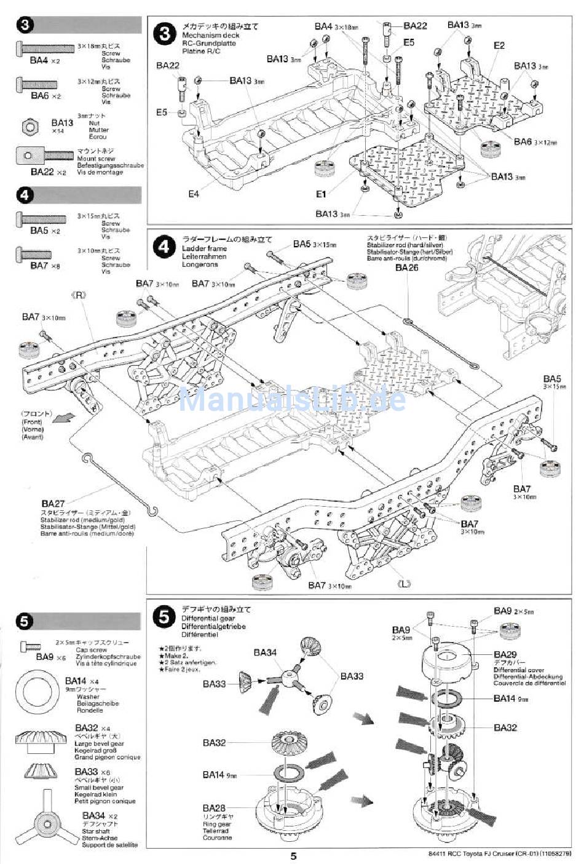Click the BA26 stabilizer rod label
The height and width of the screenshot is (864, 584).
[x=406, y=268]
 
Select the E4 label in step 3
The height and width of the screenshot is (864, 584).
[x=194, y=194]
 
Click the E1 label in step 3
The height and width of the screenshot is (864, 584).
[x=320, y=194]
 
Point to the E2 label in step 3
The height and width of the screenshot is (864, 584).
[x=499, y=46]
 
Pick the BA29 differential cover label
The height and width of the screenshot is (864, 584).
[x=505, y=655]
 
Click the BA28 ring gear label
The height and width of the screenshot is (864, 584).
[x=214, y=807]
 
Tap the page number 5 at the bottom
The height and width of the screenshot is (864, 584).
[x=293, y=856]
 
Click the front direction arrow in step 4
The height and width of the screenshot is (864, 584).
[x=61, y=418]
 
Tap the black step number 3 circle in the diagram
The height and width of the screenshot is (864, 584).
[x=164, y=33]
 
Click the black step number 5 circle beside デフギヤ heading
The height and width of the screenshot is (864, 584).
[x=164, y=617]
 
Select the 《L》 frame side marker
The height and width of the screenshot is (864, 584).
[x=404, y=584]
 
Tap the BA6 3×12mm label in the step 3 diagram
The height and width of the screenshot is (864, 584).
[x=534, y=142]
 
